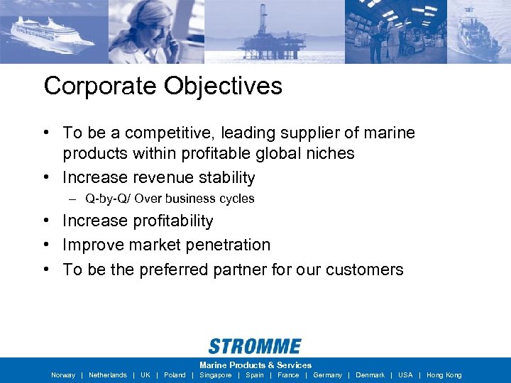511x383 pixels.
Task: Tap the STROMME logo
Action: click(x=255, y=346)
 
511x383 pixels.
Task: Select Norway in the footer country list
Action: click(x=63, y=375)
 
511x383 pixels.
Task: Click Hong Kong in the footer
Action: click(x=444, y=375)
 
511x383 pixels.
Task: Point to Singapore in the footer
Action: click(x=215, y=375)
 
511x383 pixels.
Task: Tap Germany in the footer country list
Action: click(x=327, y=375)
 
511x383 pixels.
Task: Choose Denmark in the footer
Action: click(x=370, y=375)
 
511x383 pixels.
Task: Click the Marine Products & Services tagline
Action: click(x=255, y=365)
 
